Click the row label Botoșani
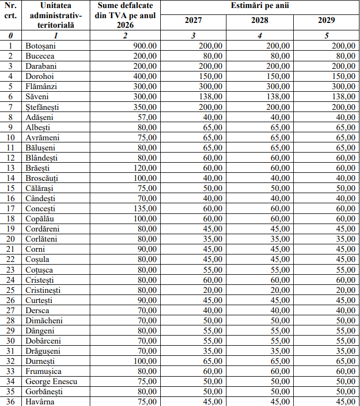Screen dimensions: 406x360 coord(41,46)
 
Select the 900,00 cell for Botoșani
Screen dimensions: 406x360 coord(145,46)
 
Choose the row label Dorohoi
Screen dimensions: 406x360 coord(40,76)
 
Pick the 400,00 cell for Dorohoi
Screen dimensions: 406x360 coord(145,76)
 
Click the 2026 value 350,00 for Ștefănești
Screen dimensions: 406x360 coord(145,107)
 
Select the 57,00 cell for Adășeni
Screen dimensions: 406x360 coord(147,117)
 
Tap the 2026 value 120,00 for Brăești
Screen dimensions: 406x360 coord(145,168)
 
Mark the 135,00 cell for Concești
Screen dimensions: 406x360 coord(145,209)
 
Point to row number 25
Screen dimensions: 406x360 coord(10,290)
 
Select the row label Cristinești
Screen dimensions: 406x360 coord(43,290)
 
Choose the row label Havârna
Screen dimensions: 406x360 coord(40,402)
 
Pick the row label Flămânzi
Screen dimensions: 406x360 coord(41,86)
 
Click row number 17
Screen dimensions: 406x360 coord(10,209)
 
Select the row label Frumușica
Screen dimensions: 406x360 coord(43,371)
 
